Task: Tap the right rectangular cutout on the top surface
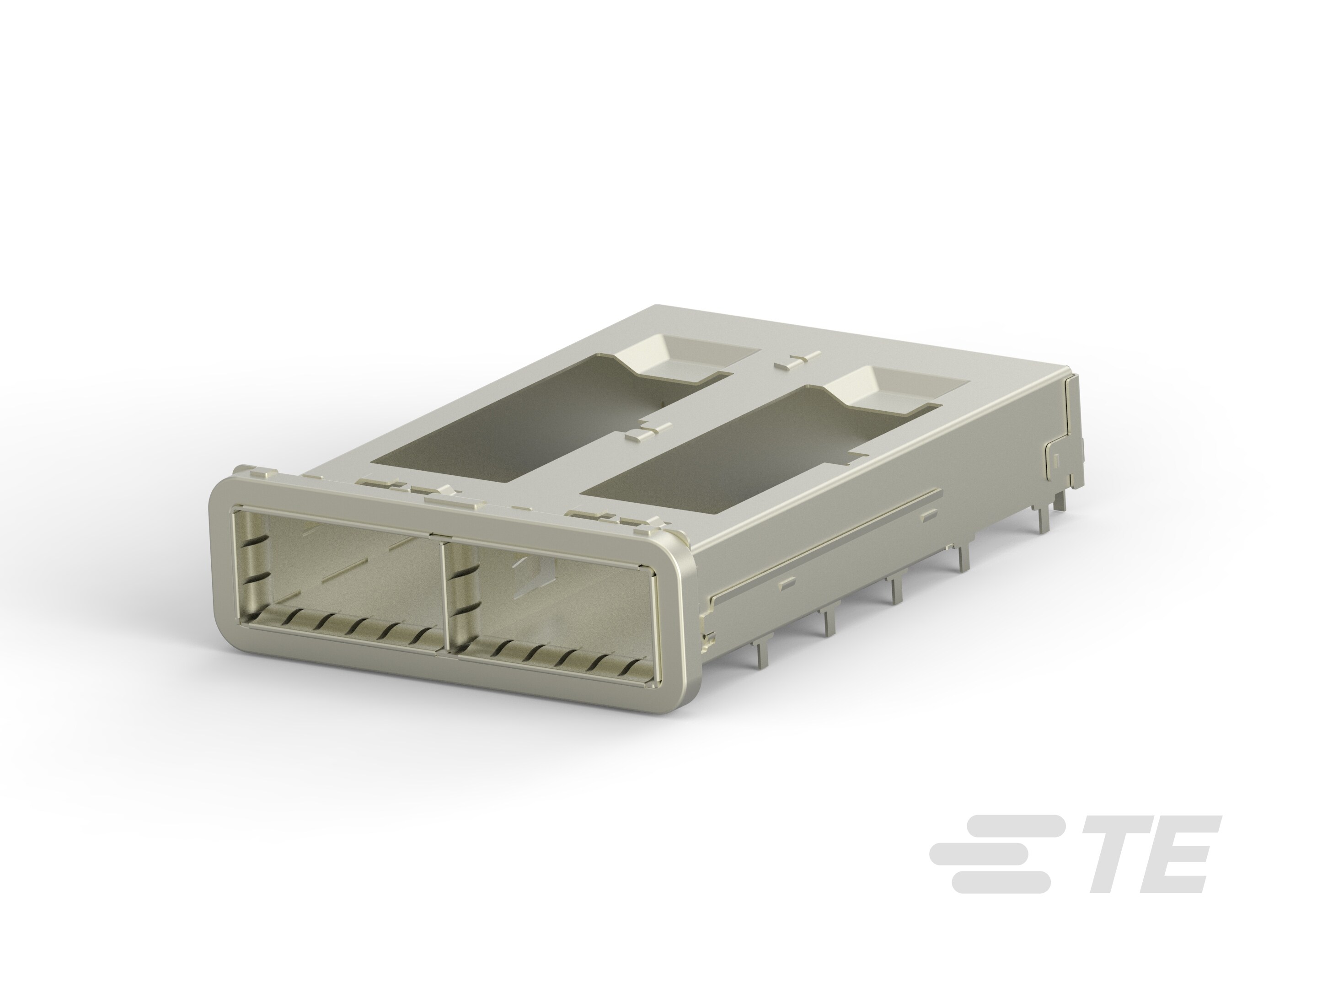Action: [732, 453]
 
